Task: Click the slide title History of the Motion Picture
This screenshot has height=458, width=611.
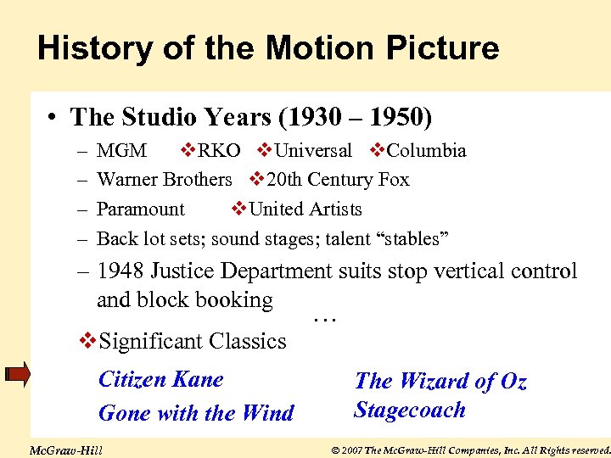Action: click(268, 48)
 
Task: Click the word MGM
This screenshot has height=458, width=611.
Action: click(121, 151)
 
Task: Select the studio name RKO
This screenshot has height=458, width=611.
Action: click(219, 151)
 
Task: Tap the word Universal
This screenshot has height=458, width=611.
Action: click(313, 151)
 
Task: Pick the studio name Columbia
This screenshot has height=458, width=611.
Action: click(426, 151)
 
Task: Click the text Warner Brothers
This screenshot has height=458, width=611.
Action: click(164, 180)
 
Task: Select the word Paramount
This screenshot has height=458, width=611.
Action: click(140, 209)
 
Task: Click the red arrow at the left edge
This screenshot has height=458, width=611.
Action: click(16, 373)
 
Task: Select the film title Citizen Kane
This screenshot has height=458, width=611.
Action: click(161, 379)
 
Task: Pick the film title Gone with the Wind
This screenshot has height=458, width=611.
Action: click(196, 413)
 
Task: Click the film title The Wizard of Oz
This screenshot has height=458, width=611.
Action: click(440, 382)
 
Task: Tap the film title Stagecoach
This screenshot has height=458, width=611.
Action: click(410, 411)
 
